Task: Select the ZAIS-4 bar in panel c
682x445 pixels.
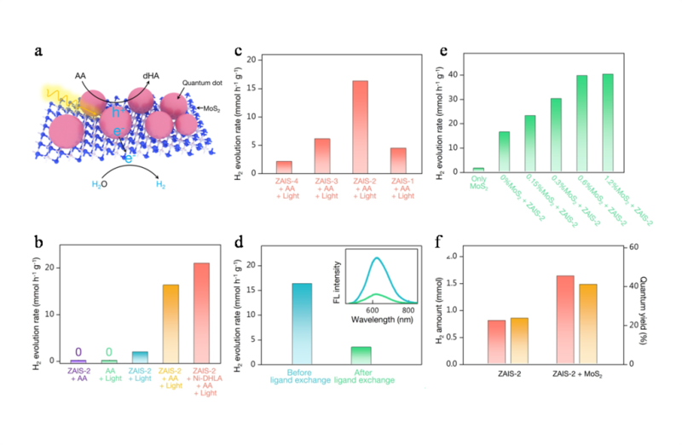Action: pos(284,166)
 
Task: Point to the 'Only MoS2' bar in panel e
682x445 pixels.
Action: pos(478,170)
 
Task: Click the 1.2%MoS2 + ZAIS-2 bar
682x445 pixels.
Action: pos(608,123)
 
